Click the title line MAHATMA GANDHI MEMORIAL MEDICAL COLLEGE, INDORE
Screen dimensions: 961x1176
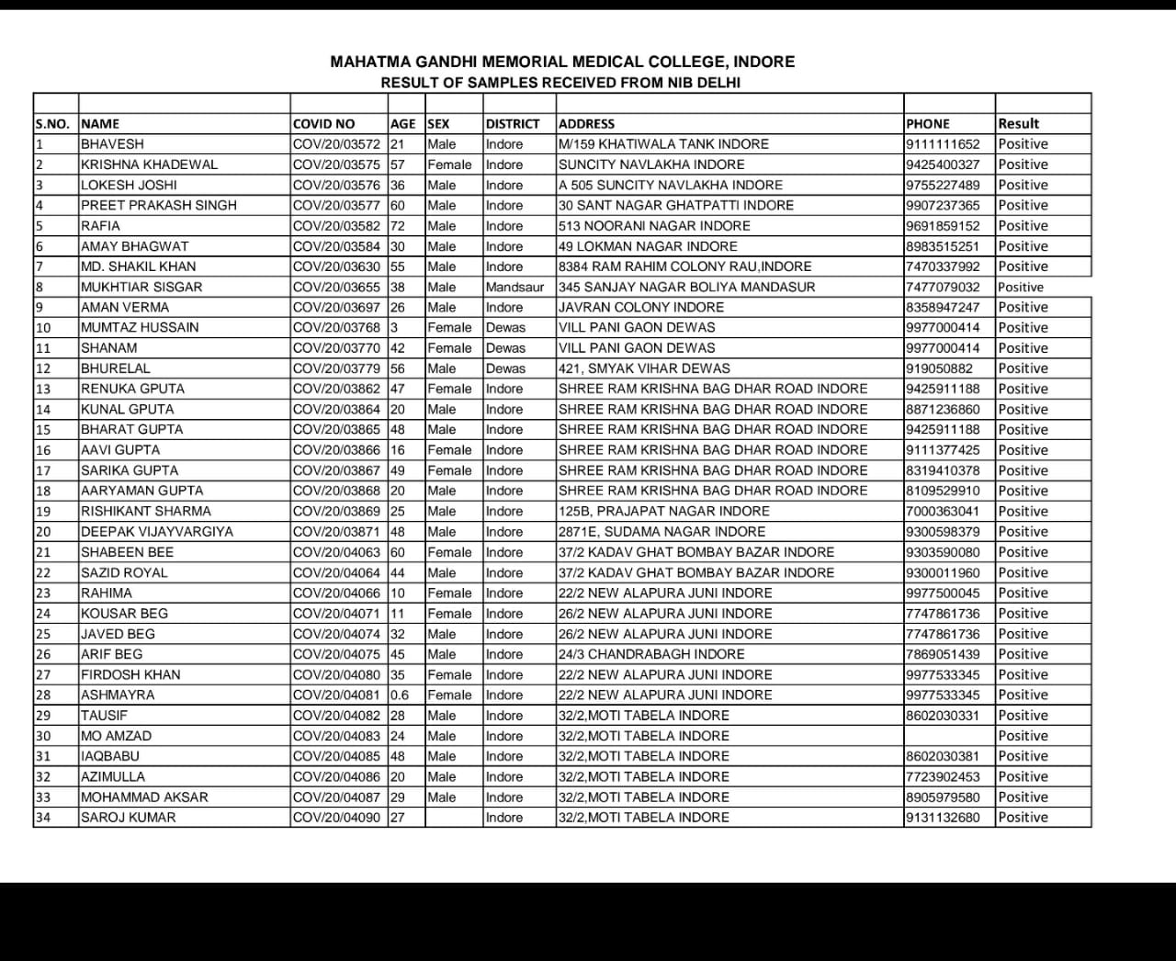[562, 62]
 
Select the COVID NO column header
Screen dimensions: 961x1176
[323, 124]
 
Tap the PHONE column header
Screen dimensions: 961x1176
[927, 124]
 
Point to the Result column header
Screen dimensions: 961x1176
[1018, 123]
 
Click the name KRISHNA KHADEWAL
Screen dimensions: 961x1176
[149, 164]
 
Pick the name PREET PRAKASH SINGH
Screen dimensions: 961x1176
[158, 206]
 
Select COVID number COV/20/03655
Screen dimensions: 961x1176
[336, 287]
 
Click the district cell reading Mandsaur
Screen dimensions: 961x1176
[514, 287]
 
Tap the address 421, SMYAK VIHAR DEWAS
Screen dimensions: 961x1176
[644, 368]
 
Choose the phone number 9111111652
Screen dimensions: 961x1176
[943, 144]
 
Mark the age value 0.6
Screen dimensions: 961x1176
[400, 695]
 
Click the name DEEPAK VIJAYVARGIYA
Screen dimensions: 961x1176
[156, 532]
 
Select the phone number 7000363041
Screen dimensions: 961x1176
[943, 512]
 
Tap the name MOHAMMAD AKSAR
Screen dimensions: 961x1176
[144, 797]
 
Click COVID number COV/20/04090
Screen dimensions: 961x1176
[336, 818]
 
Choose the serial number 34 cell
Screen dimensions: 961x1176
[42, 818]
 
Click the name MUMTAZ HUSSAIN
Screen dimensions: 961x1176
[140, 328]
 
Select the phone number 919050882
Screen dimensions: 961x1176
[939, 368]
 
